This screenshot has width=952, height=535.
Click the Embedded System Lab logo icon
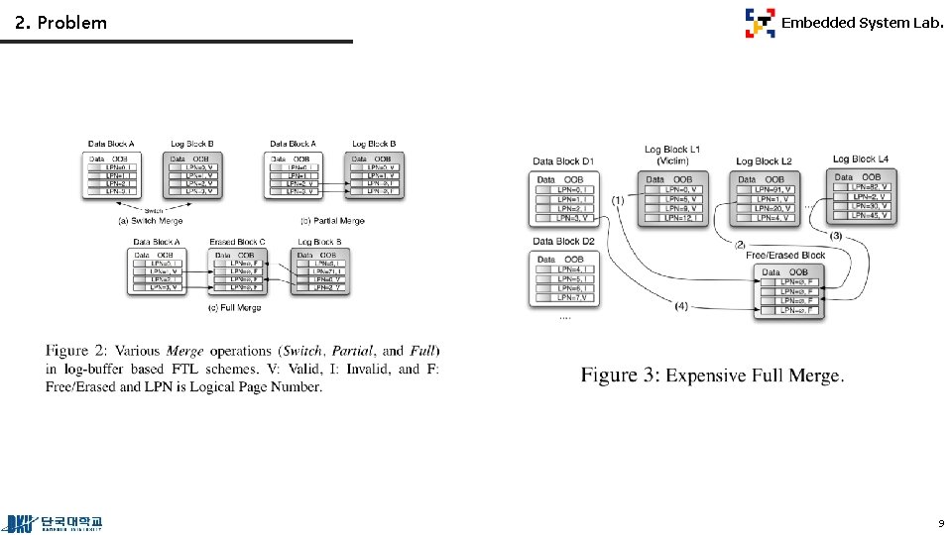point(761,23)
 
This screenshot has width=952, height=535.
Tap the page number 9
point(940,522)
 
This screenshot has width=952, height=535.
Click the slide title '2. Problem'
point(61,22)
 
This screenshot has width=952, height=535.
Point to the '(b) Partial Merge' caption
point(331,221)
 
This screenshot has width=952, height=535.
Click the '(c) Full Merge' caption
point(235,308)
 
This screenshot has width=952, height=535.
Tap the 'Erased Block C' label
point(237,242)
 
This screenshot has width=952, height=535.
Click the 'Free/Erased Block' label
point(785,256)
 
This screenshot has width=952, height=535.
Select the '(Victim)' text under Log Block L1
point(672,160)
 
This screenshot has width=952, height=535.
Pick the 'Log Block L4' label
point(861,159)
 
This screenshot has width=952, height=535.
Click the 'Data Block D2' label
point(563,241)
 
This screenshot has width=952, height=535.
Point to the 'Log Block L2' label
point(764,160)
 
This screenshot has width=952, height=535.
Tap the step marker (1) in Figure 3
point(618,200)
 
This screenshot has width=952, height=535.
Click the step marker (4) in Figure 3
point(681,306)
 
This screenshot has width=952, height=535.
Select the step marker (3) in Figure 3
point(836,236)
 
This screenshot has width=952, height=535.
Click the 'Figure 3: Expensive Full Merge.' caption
point(712,375)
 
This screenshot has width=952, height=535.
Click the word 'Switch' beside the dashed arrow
point(153,210)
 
